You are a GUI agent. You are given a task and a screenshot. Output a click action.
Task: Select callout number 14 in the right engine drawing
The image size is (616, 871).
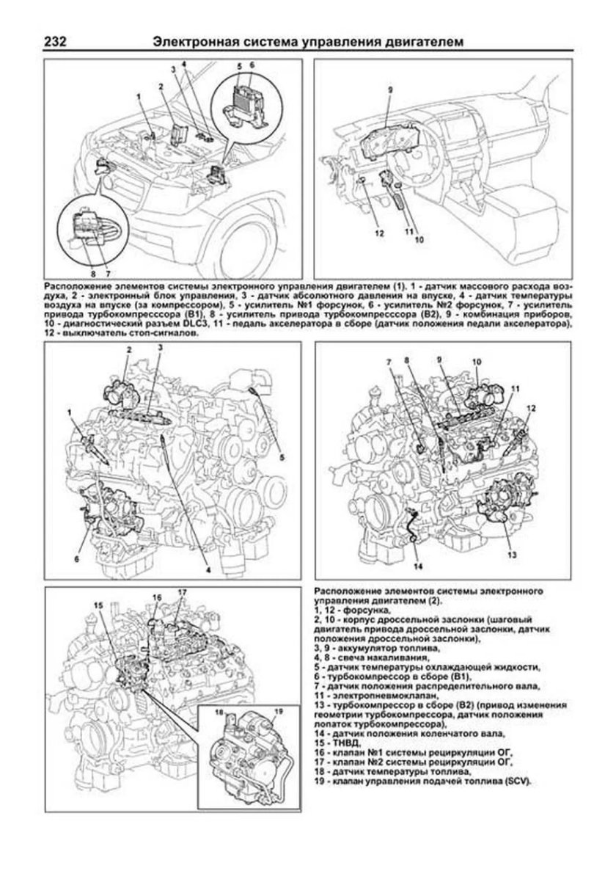point(417,566)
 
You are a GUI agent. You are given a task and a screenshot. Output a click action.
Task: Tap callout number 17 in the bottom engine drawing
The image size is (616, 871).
point(182,592)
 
